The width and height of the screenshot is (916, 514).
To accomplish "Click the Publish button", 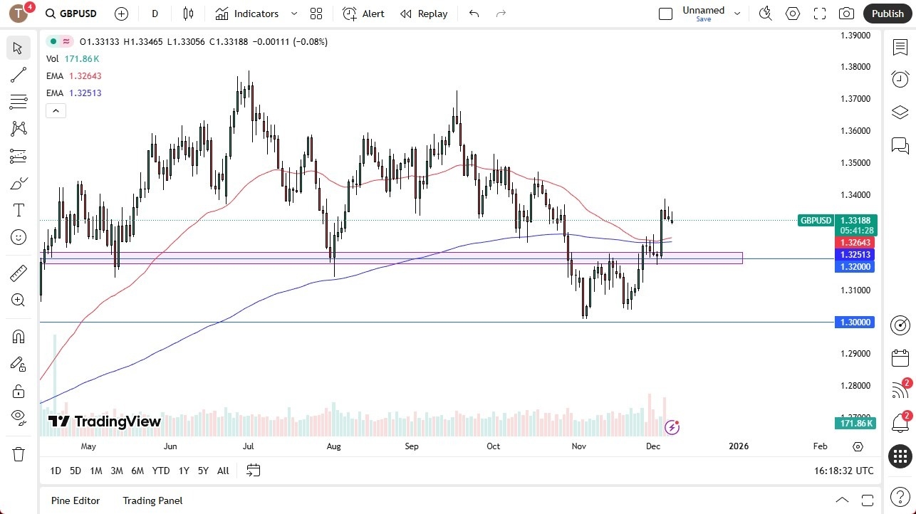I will pos(887,14).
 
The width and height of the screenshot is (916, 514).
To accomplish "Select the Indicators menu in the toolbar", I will pos(256,14).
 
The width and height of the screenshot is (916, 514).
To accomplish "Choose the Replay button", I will pos(424,14).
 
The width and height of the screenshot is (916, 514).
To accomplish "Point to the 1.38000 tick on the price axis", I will pos(855,67).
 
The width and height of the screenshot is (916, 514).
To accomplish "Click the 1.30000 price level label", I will pos(854,322).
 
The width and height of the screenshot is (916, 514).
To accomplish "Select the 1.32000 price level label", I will pos(854,266).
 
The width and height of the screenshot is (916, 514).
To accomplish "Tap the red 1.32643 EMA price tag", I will pos(854,243).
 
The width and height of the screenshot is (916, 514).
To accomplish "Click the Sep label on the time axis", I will pos(412,446).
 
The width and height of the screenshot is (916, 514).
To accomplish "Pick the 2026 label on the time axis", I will pos(739,446).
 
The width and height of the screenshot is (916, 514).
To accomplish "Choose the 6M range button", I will pos(137,471).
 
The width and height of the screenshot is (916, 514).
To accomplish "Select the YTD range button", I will pos(161,471).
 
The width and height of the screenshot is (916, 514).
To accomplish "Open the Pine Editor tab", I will pos(76,500).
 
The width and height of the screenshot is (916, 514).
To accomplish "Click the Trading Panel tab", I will pos(152,500).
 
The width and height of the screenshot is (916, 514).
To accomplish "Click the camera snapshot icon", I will pos(846,14).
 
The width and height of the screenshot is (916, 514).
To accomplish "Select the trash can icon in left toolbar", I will pos(19,454).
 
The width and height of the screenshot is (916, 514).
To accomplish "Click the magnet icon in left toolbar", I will pos(19,337).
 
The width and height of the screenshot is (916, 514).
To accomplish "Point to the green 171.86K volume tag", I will pos(855,424).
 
